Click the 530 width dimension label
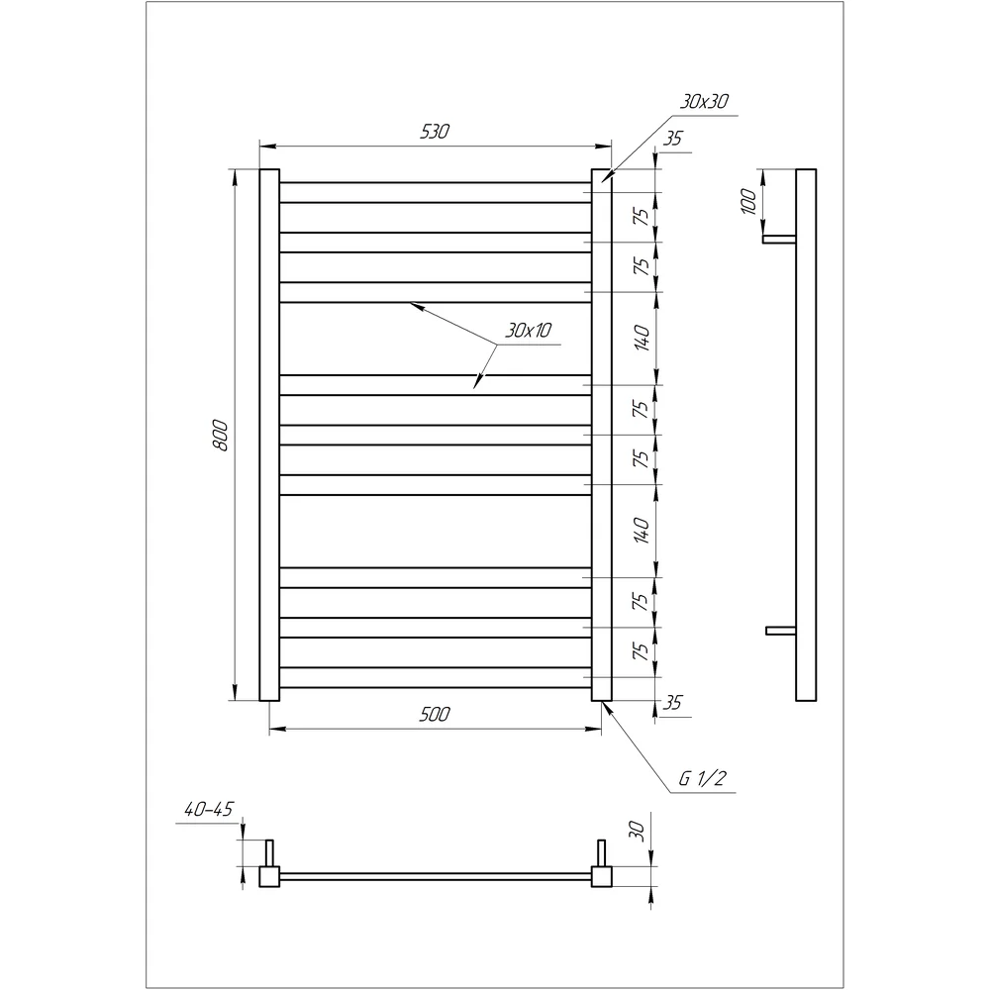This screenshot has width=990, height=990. tap(435, 132)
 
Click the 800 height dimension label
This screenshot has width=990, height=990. tap(220, 435)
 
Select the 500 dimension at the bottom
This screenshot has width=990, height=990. tap(435, 714)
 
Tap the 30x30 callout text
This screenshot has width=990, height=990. tap(704, 102)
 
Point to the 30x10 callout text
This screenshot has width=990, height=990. tap(528, 331)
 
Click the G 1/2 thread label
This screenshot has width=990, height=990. tap(703, 778)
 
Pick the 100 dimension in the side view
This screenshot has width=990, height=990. tap(748, 201)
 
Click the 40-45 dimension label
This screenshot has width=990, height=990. tap(208, 810)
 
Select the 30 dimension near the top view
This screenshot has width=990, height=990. tap(637, 832)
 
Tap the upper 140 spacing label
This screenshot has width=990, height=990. tap(642, 338)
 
